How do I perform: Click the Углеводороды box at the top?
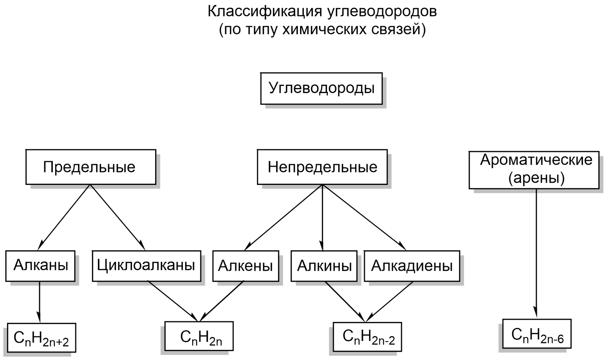click(x=321, y=89)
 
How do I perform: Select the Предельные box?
click(x=91, y=167)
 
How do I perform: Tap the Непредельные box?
click(x=322, y=167)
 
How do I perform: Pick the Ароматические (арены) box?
click(x=534, y=170)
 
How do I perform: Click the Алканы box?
click(x=40, y=266)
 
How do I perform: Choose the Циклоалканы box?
click(x=147, y=266)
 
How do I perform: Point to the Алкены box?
click(x=245, y=266)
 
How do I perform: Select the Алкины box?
click(x=324, y=266)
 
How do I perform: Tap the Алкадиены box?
click(x=412, y=266)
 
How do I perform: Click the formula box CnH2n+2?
click(x=41, y=338)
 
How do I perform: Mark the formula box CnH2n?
click(x=199, y=336)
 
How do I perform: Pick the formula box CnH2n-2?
click(x=367, y=337)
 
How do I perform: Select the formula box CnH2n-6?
click(x=537, y=334)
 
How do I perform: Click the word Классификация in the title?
click(x=264, y=12)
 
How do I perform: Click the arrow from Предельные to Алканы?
click(x=64, y=217)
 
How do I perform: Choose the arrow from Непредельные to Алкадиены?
click(x=364, y=217)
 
